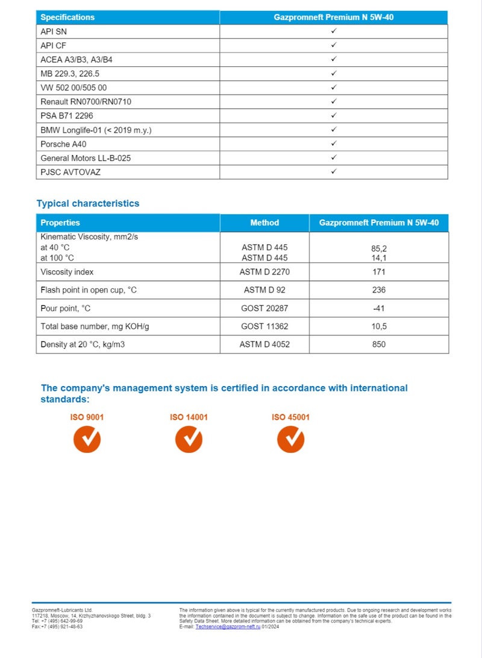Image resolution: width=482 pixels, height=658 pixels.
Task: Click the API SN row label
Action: pyautogui.click(x=54, y=31)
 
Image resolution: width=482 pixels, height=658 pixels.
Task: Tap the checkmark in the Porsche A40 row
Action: pyautogui.click(x=333, y=144)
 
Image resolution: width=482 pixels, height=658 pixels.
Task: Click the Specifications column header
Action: pyautogui.click(x=67, y=17)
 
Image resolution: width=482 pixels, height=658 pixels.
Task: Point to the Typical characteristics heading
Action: pyautogui.click(x=87, y=203)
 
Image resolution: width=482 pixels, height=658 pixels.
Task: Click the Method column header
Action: pyautogui.click(x=264, y=223)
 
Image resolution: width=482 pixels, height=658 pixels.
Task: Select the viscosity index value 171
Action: pyautogui.click(x=379, y=272)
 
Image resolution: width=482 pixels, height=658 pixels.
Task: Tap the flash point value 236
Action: pyautogui.click(x=379, y=290)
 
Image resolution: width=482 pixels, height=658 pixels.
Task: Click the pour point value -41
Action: pyautogui.click(x=379, y=308)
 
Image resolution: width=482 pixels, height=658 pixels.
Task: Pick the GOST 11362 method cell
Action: pyautogui.click(x=264, y=326)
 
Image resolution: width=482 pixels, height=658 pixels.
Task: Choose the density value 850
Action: pyautogui.click(x=379, y=344)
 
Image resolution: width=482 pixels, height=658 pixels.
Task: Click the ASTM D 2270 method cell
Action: pyautogui.click(x=264, y=272)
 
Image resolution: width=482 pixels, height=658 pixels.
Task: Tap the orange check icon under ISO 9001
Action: pyautogui.click(x=87, y=438)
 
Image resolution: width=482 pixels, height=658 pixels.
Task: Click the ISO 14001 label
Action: pyautogui.click(x=189, y=417)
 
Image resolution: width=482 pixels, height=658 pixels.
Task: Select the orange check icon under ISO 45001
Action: pyautogui.click(x=290, y=438)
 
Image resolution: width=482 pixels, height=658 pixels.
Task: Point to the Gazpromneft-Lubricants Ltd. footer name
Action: pyautogui.click(x=62, y=610)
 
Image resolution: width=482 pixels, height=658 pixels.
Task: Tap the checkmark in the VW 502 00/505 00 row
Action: pyautogui.click(x=333, y=87)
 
